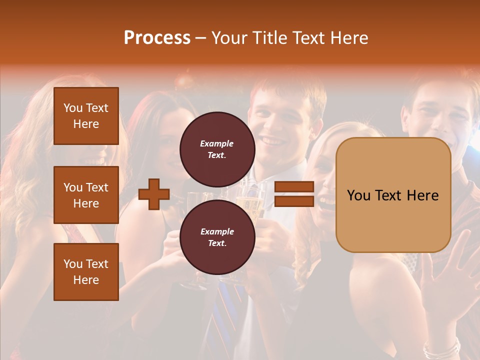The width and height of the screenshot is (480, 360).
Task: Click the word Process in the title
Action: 157,38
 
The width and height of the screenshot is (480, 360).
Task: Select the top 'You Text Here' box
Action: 86,116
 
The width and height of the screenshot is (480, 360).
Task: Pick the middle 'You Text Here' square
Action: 86,195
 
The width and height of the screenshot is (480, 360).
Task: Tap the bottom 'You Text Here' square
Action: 86,272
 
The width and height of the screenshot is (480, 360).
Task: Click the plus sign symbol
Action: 154,194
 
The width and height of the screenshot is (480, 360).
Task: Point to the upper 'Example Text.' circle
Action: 217,149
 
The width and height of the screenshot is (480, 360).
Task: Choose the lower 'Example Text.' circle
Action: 217,237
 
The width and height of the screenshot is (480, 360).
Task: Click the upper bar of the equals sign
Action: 294,187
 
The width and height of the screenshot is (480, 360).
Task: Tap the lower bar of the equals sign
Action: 294,201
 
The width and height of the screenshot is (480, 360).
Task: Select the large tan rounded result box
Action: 393,195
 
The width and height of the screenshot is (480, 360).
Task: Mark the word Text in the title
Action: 309,38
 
